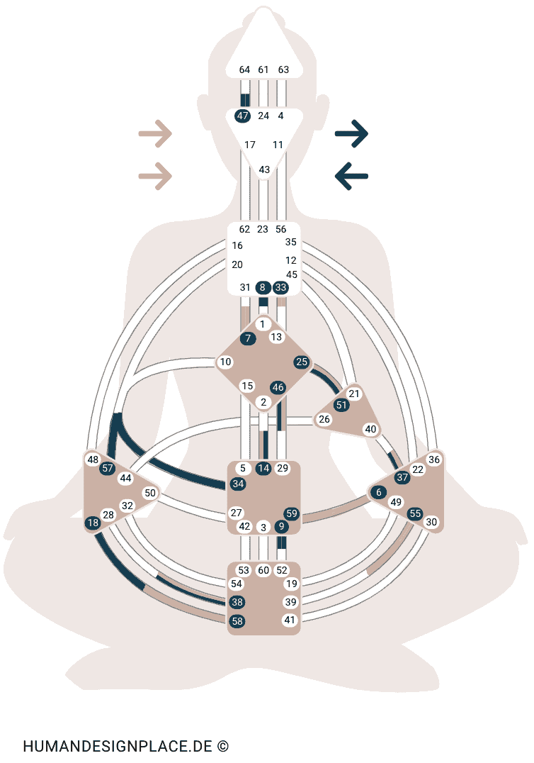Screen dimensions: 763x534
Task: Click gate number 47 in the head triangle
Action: [x=243, y=116]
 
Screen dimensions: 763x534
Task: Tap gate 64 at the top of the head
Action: [x=244, y=69]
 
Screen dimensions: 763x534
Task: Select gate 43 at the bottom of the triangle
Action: [x=264, y=169]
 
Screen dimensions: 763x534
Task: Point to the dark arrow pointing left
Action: [x=351, y=176]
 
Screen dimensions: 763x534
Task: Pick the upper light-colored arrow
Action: [x=155, y=133]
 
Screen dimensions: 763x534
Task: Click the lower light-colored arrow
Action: [x=155, y=176]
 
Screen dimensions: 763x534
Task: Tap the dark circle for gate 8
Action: [x=263, y=287]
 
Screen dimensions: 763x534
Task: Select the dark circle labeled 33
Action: [x=280, y=287]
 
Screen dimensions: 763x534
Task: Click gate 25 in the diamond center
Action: [x=302, y=362]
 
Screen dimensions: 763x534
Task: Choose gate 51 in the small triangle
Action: [x=342, y=405]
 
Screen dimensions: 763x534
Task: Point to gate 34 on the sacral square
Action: [x=238, y=484]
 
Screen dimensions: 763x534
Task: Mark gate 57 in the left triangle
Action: [x=108, y=468]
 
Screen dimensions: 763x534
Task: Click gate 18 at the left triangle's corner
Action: [x=93, y=523]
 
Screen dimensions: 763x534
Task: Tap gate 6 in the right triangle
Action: [x=379, y=492]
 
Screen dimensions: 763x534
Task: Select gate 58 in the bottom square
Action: [x=237, y=621]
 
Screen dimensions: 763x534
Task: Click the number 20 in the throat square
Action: [x=237, y=264]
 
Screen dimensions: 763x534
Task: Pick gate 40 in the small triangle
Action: [x=370, y=429]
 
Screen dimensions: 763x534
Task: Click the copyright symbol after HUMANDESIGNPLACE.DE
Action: [x=223, y=746]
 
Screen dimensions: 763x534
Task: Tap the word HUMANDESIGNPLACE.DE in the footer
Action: [x=118, y=746]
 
